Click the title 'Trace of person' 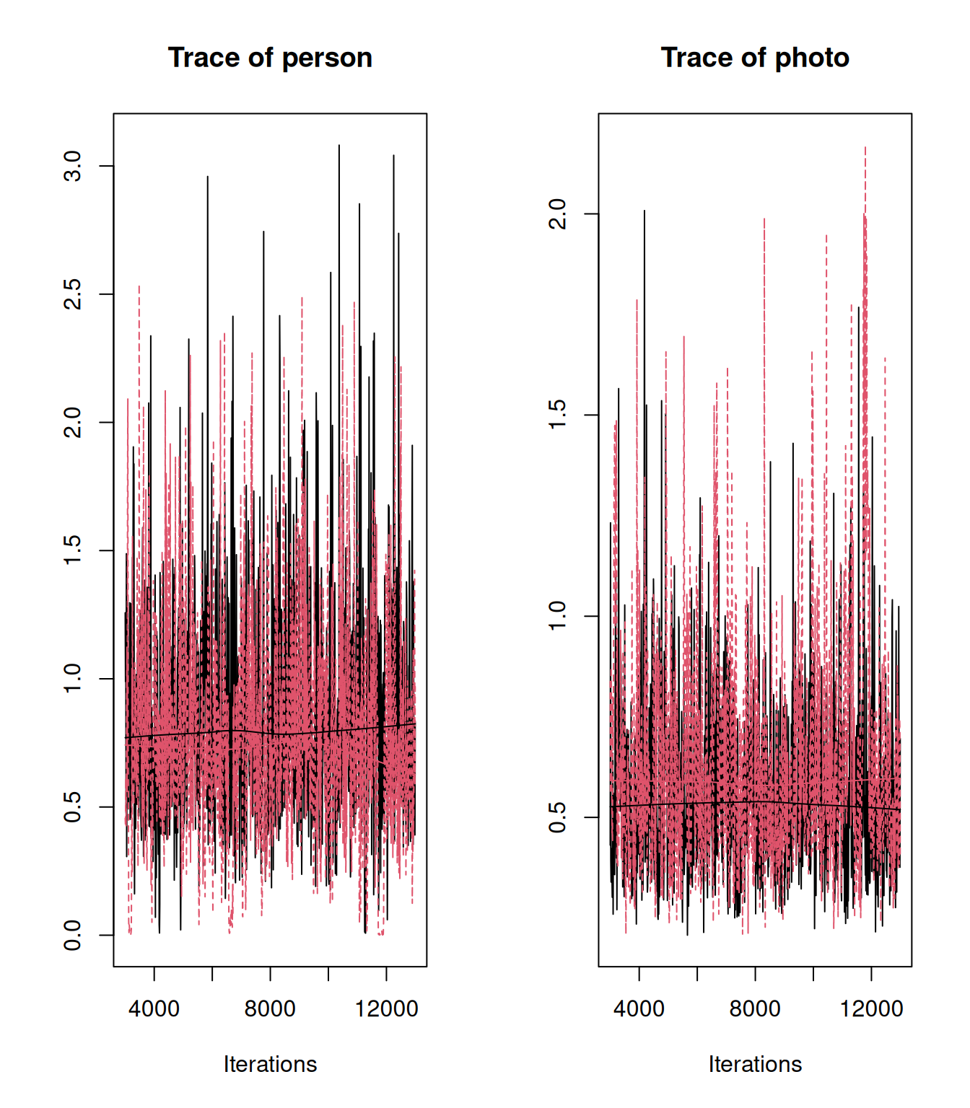click(x=270, y=58)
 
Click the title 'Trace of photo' click(x=755, y=58)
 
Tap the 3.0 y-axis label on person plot click(x=73, y=166)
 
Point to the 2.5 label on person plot click(x=73, y=294)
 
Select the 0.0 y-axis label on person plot click(x=73, y=935)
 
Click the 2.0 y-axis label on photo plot click(x=558, y=214)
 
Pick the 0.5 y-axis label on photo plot click(x=558, y=817)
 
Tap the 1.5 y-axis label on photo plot click(x=558, y=415)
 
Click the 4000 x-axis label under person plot click(x=154, y=1008)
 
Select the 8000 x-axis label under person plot click(x=270, y=1008)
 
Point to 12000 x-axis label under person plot click(x=386, y=1008)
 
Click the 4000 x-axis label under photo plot click(x=639, y=1008)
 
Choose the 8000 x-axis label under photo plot click(x=755, y=1008)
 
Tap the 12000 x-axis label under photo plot click(x=871, y=1008)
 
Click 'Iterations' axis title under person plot click(x=270, y=1064)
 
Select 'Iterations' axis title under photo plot click(x=755, y=1064)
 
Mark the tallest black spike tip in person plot click(x=339, y=146)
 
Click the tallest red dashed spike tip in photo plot click(x=865, y=148)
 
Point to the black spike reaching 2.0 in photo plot click(x=645, y=211)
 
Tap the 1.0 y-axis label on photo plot click(x=558, y=616)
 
